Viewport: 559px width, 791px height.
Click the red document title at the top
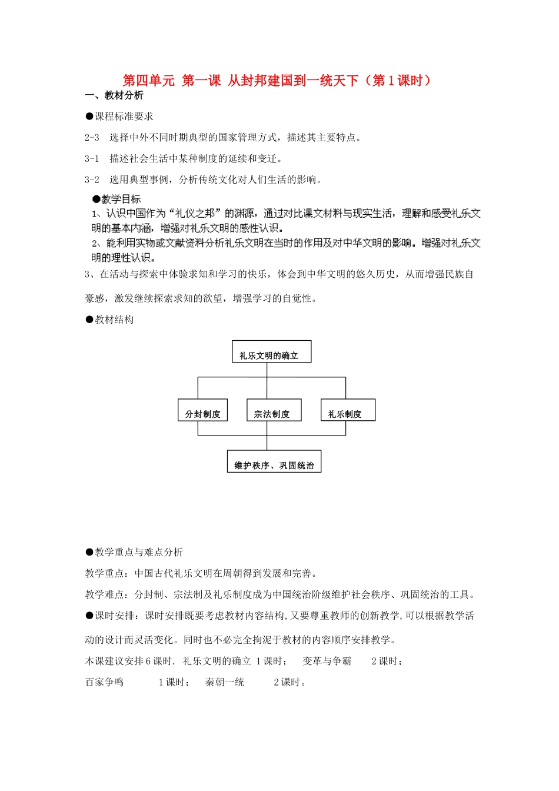pyautogui.click(x=277, y=81)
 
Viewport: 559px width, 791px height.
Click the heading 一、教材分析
pyautogui.click(x=114, y=95)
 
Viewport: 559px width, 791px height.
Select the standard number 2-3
pyautogui.click(x=92, y=138)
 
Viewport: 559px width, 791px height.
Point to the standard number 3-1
pyautogui.click(x=92, y=159)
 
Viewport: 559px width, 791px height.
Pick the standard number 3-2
pyautogui.click(x=92, y=180)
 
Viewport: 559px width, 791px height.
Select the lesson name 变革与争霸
pyautogui.click(x=327, y=661)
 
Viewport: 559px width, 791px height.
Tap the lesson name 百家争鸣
pyautogui.click(x=104, y=682)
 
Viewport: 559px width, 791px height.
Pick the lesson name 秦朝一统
pyautogui.click(x=224, y=682)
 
